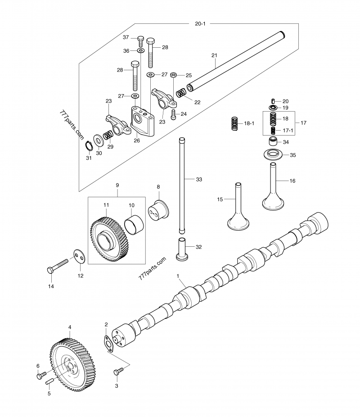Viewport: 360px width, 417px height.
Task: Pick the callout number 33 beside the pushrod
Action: click(x=198, y=179)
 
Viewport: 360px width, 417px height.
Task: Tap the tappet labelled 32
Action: click(x=182, y=248)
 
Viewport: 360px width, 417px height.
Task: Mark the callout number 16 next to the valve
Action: click(x=292, y=181)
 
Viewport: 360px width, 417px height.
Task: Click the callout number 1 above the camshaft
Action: click(x=178, y=275)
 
